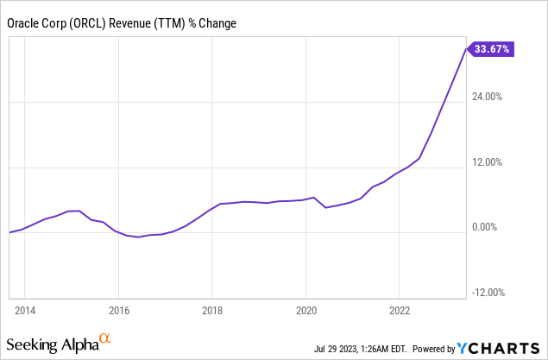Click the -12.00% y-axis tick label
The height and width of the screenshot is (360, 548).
point(488,292)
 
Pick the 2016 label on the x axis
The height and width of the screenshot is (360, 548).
point(118,308)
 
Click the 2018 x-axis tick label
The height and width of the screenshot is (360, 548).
point(212,308)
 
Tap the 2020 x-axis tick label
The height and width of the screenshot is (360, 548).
point(306,308)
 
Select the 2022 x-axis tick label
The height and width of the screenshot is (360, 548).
point(400,308)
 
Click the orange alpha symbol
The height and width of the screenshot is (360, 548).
point(105,338)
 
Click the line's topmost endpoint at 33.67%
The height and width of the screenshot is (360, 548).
point(467,50)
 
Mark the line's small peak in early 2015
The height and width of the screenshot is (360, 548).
point(79,211)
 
